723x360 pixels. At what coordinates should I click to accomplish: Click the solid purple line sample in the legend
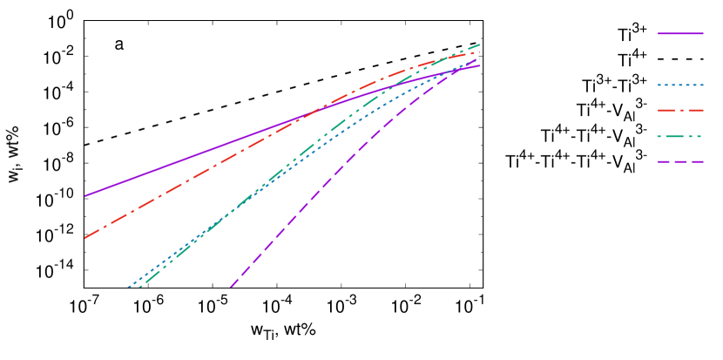click(x=680, y=33)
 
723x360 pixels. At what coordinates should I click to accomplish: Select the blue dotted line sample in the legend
click(x=680, y=85)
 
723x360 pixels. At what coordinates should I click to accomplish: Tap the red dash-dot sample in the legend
click(x=680, y=111)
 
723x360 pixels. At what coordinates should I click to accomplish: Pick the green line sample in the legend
click(x=680, y=137)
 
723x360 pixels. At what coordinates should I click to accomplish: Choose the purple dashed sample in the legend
click(x=680, y=162)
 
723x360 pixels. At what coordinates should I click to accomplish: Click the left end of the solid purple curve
click(x=84, y=196)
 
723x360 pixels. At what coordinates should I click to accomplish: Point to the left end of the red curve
click(x=84, y=237)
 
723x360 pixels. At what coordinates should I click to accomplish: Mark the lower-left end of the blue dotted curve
click(x=128, y=287)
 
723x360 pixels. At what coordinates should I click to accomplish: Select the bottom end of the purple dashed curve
click(x=231, y=286)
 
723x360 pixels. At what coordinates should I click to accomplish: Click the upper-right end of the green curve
click(x=480, y=44)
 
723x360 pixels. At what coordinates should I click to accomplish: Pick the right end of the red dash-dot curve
click(x=480, y=52)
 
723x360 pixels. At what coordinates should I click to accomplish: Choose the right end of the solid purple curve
click(x=480, y=65)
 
